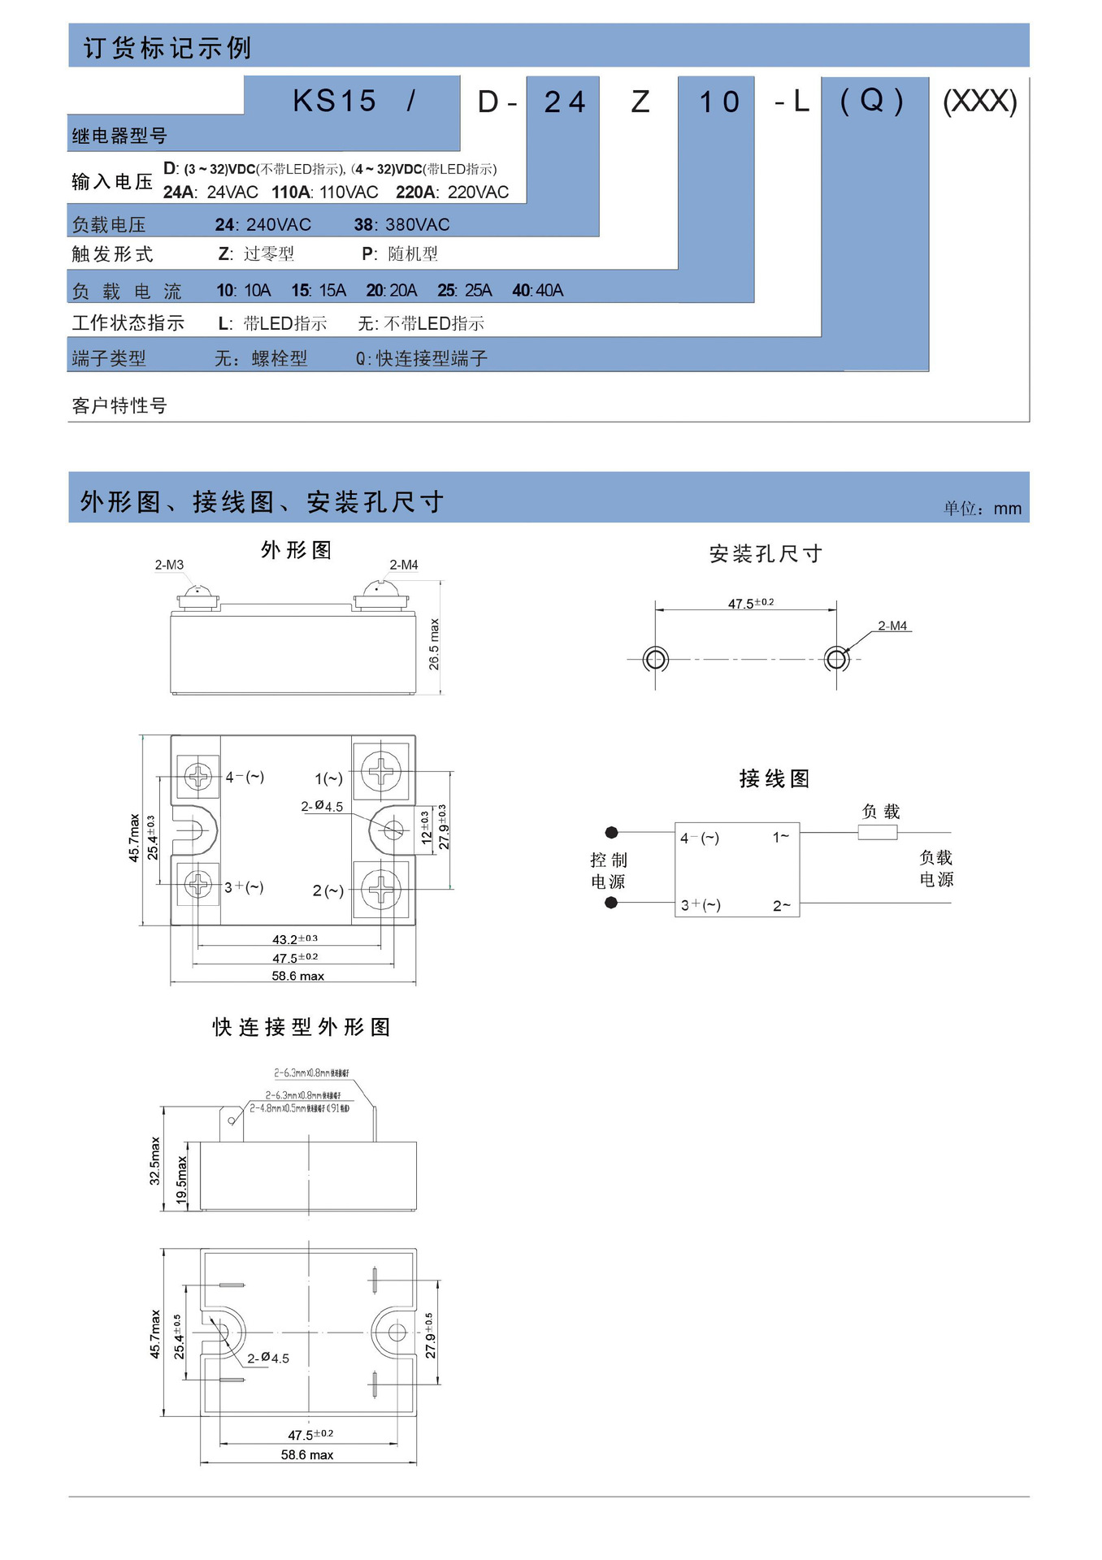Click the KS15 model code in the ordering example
click(334, 101)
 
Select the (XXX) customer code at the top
click(979, 101)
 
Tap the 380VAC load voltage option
click(401, 224)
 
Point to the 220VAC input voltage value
click(453, 192)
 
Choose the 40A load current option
click(537, 290)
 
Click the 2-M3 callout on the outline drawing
click(169, 565)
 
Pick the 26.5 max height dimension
click(434, 644)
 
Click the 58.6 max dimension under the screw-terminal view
click(297, 976)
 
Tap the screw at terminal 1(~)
click(380, 770)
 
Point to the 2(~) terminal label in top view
click(328, 890)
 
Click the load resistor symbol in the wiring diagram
click(878, 832)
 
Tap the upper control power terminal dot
click(612, 832)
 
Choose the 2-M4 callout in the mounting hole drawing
click(892, 626)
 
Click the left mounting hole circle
click(655, 658)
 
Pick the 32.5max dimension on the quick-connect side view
click(154, 1160)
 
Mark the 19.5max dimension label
click(181, 1180)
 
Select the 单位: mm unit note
click(982, 509)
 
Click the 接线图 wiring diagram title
click(774, 778)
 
